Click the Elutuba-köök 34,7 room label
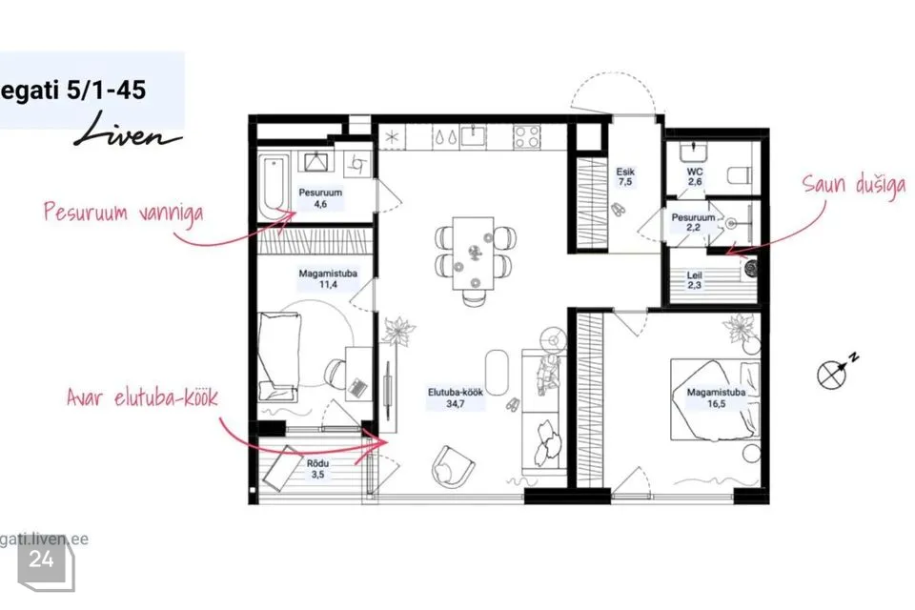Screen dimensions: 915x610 (x=456, y=397)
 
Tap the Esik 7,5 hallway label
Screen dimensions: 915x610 (x=625, y=176)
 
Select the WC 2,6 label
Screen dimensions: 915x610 (x=695, y=176)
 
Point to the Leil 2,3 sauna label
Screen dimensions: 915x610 (x=694, y=280)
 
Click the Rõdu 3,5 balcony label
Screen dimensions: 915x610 (x=317, y=469)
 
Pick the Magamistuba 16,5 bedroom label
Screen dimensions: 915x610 (x=716, y=397)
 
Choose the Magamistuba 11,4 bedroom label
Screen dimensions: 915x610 (x=328, y=278)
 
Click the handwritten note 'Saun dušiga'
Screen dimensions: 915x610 (x=854, y=186)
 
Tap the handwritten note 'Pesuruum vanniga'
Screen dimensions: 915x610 (x=124, y=212)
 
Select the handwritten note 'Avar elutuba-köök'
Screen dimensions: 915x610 (x=142, y=397)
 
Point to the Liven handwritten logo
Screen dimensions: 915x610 (x=127, y=132)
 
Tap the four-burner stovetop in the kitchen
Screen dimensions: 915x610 (x=527, y=138)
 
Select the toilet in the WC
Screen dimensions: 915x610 (x=742, y=175)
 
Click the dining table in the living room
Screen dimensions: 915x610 (x=474, y=254)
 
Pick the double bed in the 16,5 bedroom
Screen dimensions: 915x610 (x=716, y=398)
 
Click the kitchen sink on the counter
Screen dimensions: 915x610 (x=474, y=136)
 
